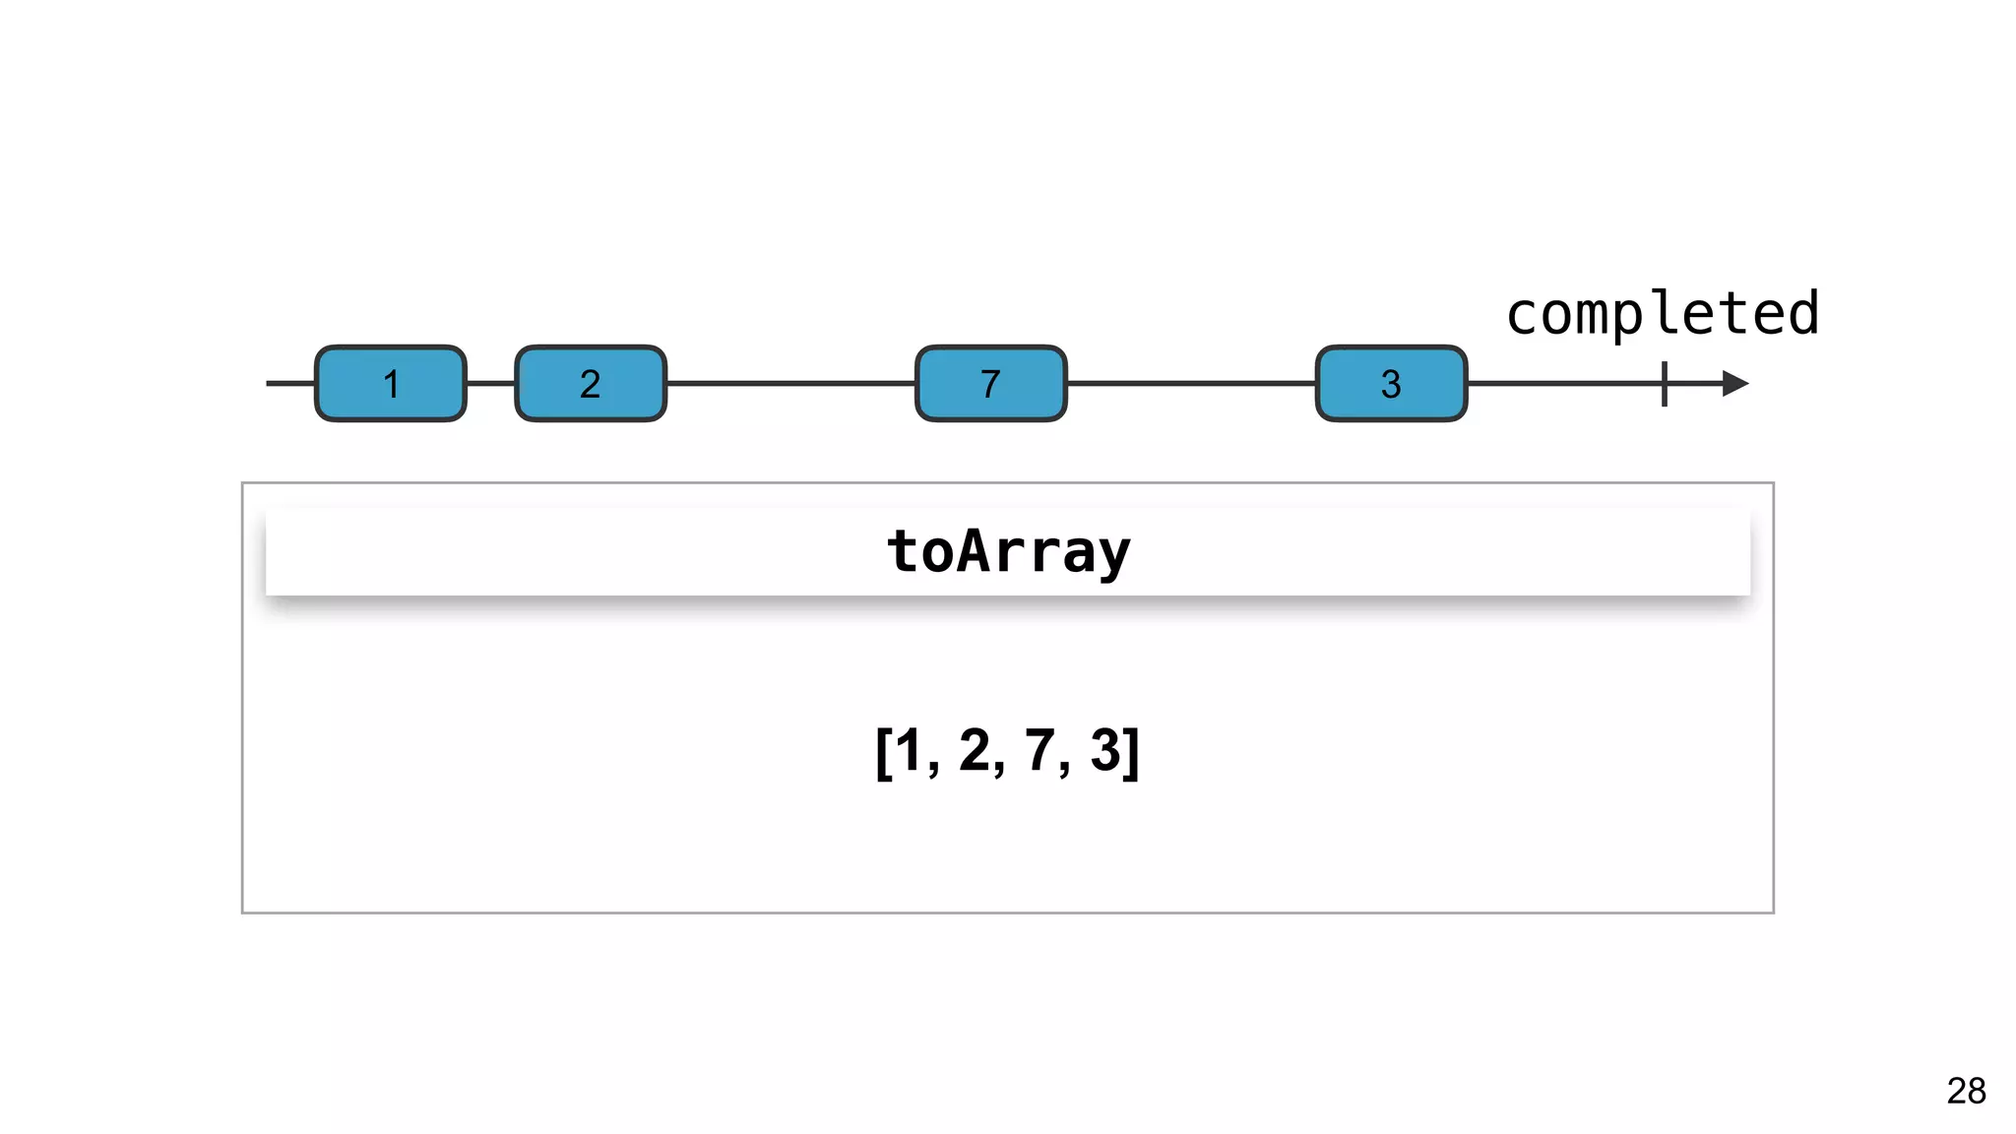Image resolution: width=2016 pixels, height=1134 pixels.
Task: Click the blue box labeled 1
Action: click(391, 384)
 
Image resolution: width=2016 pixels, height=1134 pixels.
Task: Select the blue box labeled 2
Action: click(591, 384)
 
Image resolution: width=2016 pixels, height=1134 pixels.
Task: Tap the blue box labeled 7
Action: click(991, 384)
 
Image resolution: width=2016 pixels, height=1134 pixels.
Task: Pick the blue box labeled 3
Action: click(1391, 384)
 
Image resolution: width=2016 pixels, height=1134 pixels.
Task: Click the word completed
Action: click(1662, 315)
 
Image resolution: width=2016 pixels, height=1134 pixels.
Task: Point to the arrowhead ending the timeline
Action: click(1734, 384)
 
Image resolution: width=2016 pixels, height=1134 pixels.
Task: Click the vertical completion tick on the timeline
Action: click(1665, 384)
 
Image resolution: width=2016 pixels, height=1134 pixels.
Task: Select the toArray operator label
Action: click(1008, 551)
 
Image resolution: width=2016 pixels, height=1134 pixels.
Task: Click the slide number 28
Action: click(1966, 1091)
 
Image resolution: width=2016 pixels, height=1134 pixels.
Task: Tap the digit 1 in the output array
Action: click(908, 751)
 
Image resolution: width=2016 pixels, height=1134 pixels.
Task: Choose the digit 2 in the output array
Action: click(974, 751)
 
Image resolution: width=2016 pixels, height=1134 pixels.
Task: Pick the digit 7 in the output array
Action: click(1039, 751)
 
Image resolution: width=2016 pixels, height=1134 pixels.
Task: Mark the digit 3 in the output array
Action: click(1104, 751)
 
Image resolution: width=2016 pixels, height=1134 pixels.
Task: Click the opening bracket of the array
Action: click(883, 753)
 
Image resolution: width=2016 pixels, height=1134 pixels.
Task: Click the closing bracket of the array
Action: click(1132, 753)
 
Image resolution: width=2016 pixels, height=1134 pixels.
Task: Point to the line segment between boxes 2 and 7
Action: click(790, 384)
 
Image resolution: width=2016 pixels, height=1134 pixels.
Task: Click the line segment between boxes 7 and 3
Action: click(1191, 384)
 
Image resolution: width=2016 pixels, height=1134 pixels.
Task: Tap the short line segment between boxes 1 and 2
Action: click(490, 384)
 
